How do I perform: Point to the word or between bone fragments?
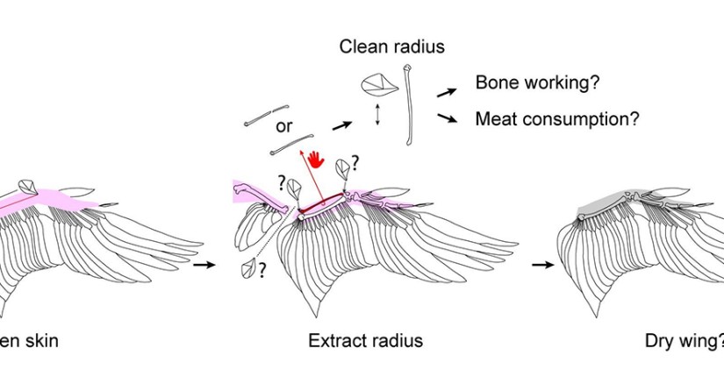pyautogui.click(x=283, y=125)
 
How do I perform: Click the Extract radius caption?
pyautogui.click(x=365, y=340)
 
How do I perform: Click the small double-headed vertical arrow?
pyautogui.click(x=377, y=117)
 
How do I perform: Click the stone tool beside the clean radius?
pyautogui.click(x=375, y=86)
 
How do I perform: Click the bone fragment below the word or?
pyautogui.click(x=294, y=141)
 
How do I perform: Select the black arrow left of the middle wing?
pyautogui.click(x=204, y=263)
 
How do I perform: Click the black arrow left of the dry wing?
pyautogui.click(x=545, y=263)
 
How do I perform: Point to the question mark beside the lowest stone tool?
pyautogui.click(x=262, y=272)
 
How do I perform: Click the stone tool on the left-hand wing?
pyautogui.click(x=27, y=186)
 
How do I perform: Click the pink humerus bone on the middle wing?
pyautogui.click(x=263, y=197)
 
